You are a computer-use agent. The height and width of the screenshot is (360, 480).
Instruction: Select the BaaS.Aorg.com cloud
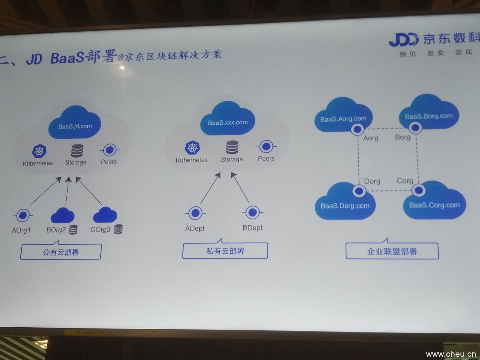343,116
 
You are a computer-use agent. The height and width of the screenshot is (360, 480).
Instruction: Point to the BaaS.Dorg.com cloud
345,203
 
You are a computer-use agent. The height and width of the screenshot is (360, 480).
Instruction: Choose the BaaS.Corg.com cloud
434,202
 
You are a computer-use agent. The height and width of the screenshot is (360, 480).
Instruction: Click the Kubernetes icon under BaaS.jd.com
39,151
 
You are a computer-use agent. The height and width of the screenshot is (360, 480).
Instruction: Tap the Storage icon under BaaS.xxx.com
232,147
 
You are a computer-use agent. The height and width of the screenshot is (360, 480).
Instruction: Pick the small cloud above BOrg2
62,216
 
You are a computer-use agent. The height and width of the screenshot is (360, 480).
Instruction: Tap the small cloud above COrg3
105,216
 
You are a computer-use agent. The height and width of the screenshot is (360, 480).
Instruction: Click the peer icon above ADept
195,212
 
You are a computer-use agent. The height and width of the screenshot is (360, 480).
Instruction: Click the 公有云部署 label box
61,252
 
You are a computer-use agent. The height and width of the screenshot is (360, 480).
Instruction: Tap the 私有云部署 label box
225,251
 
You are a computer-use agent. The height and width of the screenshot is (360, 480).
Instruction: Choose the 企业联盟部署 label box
392,251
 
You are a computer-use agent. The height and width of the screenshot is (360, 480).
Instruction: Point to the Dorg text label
372,181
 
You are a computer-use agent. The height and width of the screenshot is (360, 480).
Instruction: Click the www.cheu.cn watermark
450,354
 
